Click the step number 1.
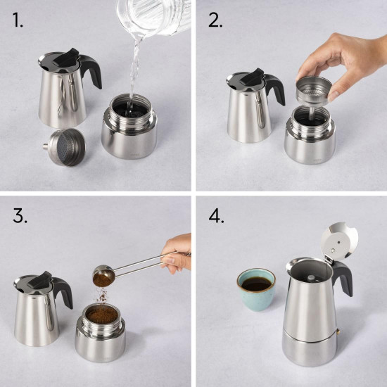(18, 20)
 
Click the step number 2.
(215, 20)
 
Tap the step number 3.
(20, 216)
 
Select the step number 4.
(217, 216)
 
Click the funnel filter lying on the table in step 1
(65, 147)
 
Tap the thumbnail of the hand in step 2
(334, 95)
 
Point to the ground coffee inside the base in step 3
(101, 315)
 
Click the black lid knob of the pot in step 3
(39, 280)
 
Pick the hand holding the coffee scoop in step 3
(177, 254)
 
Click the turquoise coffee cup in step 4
(256, 289)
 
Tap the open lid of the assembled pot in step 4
(340, 241)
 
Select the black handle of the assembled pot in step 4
(343, 278)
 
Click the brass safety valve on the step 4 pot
(338, 331)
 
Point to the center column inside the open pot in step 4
(312, 279)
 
